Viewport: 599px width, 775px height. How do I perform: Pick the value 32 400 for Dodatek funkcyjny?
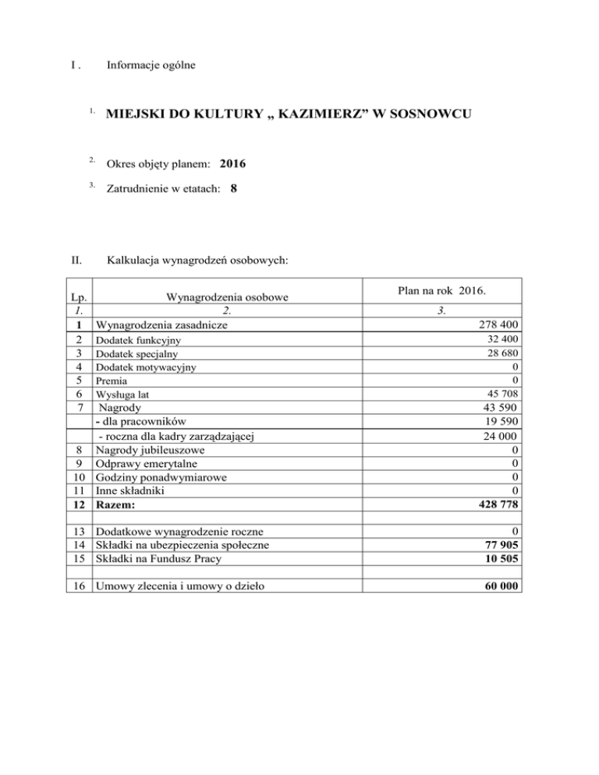click(498, 340)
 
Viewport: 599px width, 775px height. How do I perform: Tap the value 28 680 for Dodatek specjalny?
click(498, 354)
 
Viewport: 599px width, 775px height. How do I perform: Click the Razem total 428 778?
click(491, 504)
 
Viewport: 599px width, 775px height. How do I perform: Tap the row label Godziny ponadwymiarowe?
click(156, 476)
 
